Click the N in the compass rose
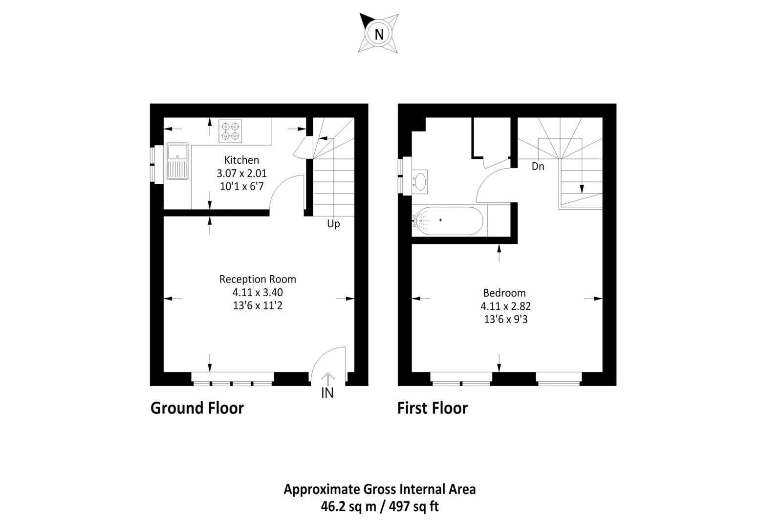[x=379, y=34]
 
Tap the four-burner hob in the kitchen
[x=230, y=131]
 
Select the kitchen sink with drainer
[x=176, y=161]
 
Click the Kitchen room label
[x=241, y=160]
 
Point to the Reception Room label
[x=258, y=280]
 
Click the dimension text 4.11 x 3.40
[x=258, y=293]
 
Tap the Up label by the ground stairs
[x=333, y=224]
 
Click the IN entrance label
[x=327, y=393]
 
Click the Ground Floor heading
[x=197, y=408]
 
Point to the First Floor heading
[x=432, y=408]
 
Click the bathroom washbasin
[x=420, y=180]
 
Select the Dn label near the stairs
[x=538, y=167]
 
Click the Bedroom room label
[x=504, y=293]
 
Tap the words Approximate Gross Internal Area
[x=380, y=489]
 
